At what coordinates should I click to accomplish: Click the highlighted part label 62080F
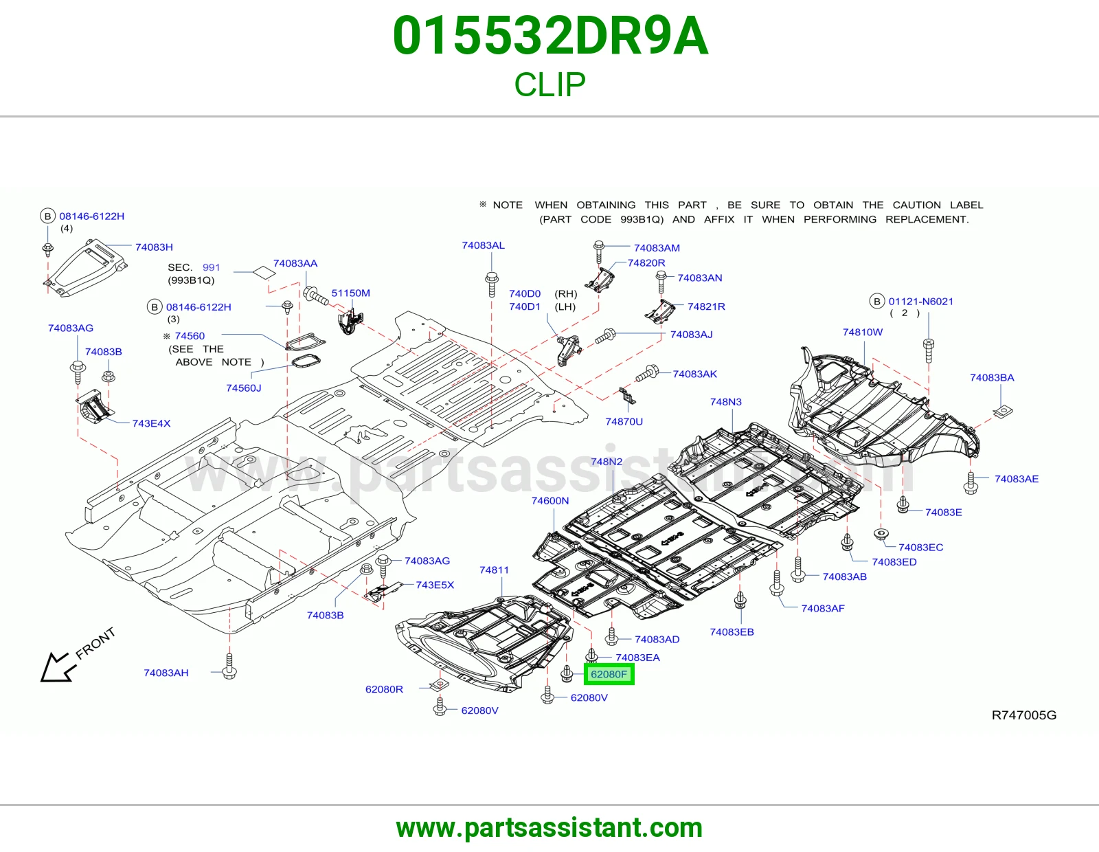(x=609, y=675)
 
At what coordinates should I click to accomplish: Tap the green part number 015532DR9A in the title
(x=550, y=36)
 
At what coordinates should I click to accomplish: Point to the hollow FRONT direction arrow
(x=56, y=666)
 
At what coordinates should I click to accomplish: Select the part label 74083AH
(x=166, y=673)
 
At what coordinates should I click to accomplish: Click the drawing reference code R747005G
(x=1023, y=715)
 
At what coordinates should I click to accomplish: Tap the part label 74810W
(x=862, y=332)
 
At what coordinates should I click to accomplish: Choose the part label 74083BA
(x=992, y=377)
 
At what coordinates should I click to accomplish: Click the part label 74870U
(x=624, y=421)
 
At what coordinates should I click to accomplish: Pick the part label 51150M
(x=350, y=293)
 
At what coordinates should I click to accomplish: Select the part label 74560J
(x=243, y=388)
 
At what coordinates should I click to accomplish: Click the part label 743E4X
(x=151, y=423)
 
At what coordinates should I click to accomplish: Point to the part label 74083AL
(x=483, y=245)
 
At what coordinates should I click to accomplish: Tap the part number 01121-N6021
(x=921, y=302)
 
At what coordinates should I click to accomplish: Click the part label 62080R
(x=384, y=689)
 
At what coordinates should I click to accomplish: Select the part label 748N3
(x=726, y=402)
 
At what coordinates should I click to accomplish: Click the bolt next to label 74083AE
(x=971, y=482)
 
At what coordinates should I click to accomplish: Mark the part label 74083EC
(x=920, y=548)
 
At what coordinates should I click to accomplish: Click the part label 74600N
(x=549, y=501)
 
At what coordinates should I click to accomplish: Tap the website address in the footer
(x=549, y=828)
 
